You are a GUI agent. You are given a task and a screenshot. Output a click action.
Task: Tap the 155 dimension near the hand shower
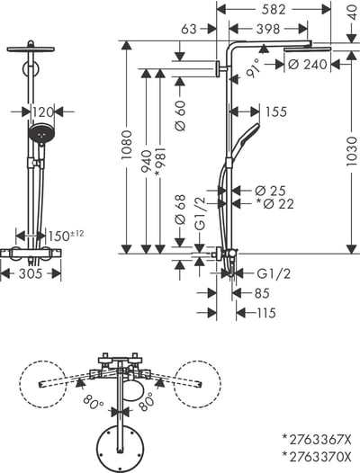(276, 112)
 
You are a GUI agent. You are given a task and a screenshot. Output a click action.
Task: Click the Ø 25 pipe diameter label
(270, 190)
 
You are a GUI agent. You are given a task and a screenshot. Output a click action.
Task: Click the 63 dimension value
(188, 31)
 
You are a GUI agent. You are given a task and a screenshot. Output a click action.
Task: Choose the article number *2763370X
(318, 458)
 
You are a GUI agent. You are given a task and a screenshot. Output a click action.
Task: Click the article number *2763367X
(318, 440)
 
